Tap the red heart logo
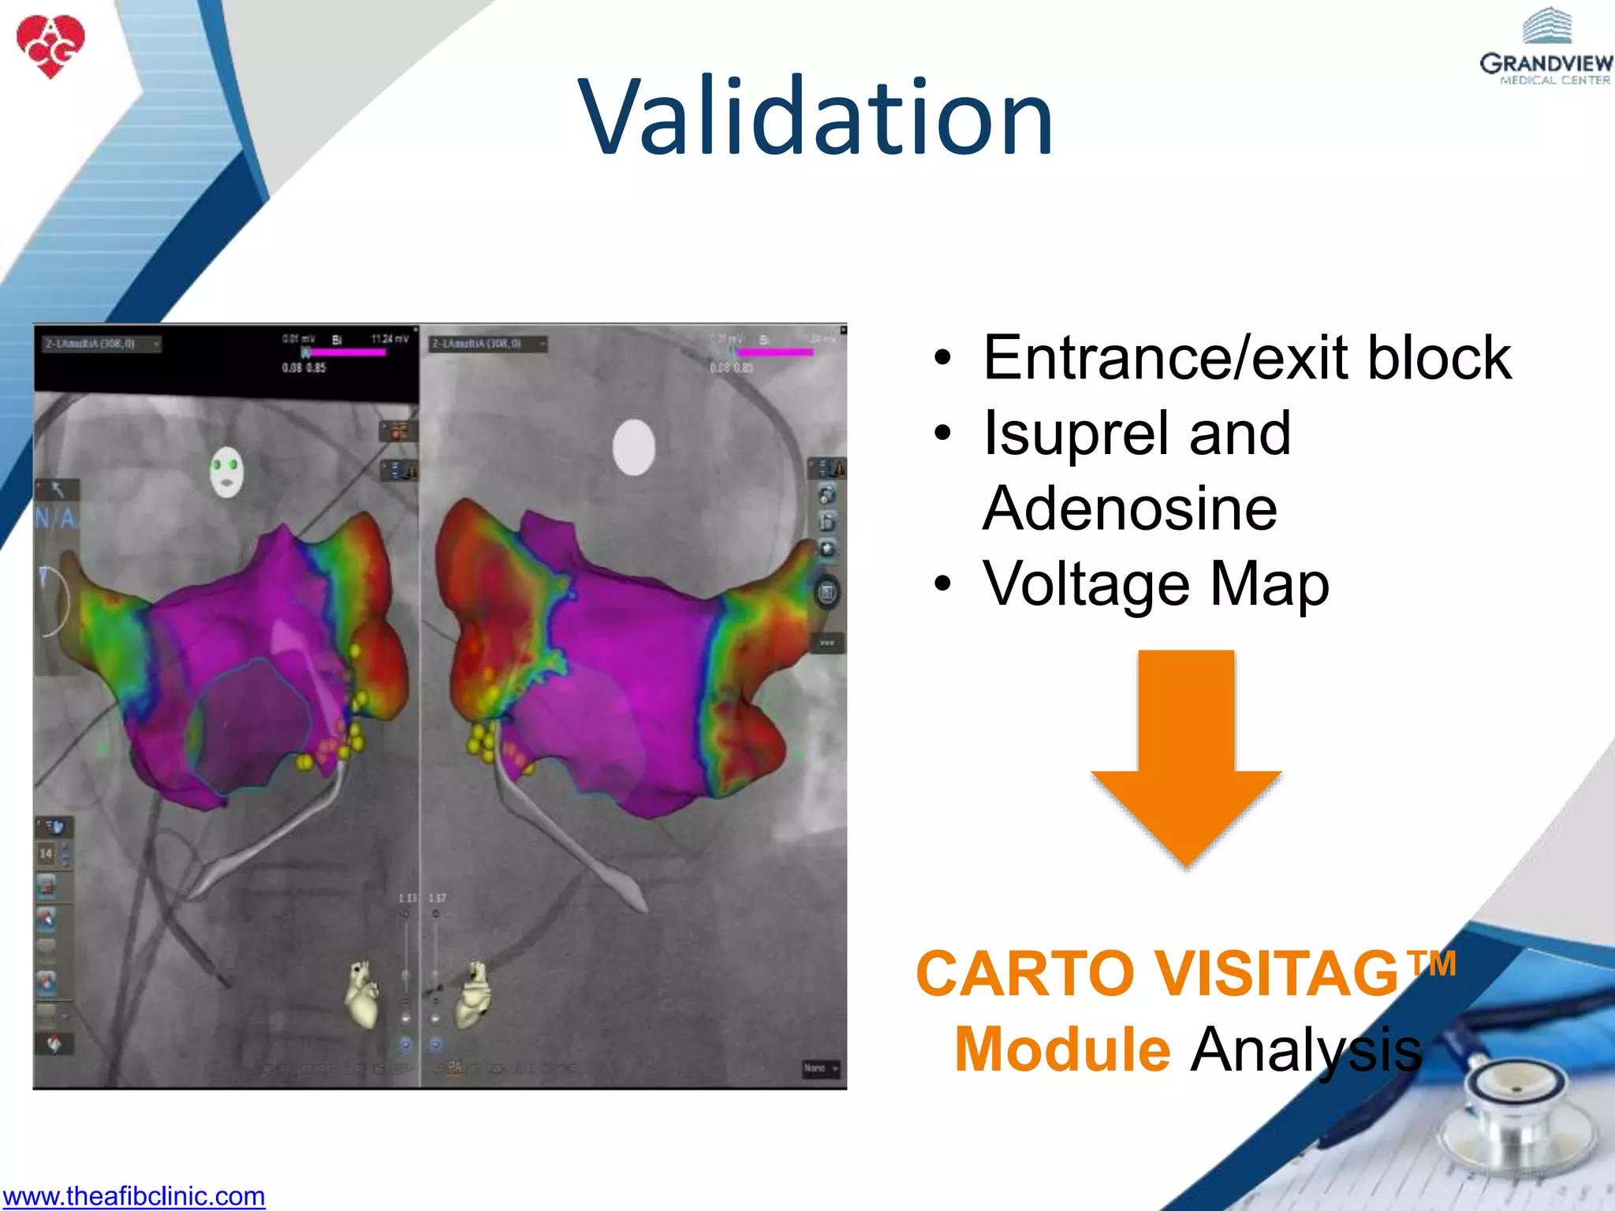coord(50,45)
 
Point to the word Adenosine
coord(1129,509)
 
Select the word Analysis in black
coord(1306,1050)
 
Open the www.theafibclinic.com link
coord(133,1196)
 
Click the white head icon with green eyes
coord(227,471)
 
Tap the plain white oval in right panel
coord(634,447)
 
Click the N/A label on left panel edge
coord(56,519)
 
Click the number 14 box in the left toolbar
coord(47,853)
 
